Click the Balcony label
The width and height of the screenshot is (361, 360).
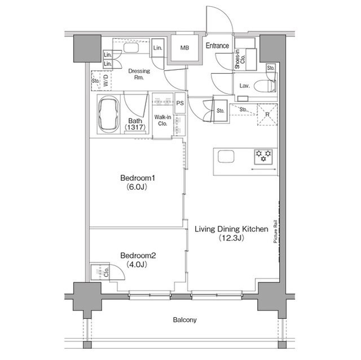click(184, 320)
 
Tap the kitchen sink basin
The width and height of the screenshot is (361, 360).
click(224, 157)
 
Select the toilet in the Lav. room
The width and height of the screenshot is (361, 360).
click(265, 86)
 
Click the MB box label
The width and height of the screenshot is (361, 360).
click(184, 48)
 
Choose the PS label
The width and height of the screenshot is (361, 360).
click(180, 103)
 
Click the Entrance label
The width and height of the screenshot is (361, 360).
click(217, 46)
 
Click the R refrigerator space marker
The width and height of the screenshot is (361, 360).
click(267, 115)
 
